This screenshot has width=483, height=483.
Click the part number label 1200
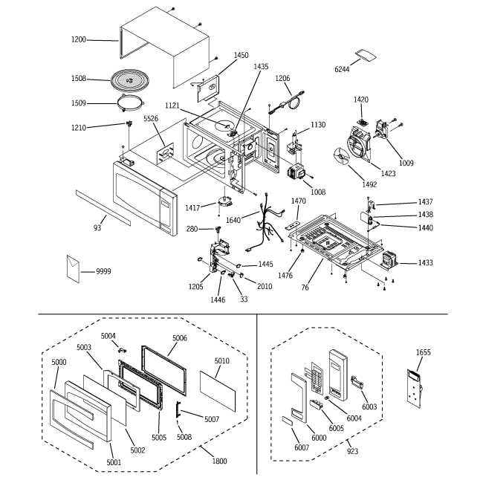(x=79, y=39)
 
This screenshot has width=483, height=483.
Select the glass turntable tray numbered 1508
(x=130, y=80)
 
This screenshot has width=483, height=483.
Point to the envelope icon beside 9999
(x=73, y=269)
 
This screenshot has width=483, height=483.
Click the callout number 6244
(x=342, y=69)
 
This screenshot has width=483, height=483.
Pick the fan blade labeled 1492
(x=341, y=157)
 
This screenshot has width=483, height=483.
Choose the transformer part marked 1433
(x=389, y=259)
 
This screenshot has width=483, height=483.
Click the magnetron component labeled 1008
(x=297, y=172)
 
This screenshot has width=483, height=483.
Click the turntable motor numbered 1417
(x=225, y=202)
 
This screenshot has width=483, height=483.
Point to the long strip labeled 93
(x=103, y=207)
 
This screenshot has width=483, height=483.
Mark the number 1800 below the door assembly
(x=219, y=461)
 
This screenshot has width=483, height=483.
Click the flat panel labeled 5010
(x=218, y=391)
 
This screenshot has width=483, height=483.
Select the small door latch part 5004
(x=123, y=350)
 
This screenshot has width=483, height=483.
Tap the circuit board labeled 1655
(x=414, y=389)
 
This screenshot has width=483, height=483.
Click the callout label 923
(x=352, y=451)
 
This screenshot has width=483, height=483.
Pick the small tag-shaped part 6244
(x=366, y=55)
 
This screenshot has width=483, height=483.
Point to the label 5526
(x=151, y=119)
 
